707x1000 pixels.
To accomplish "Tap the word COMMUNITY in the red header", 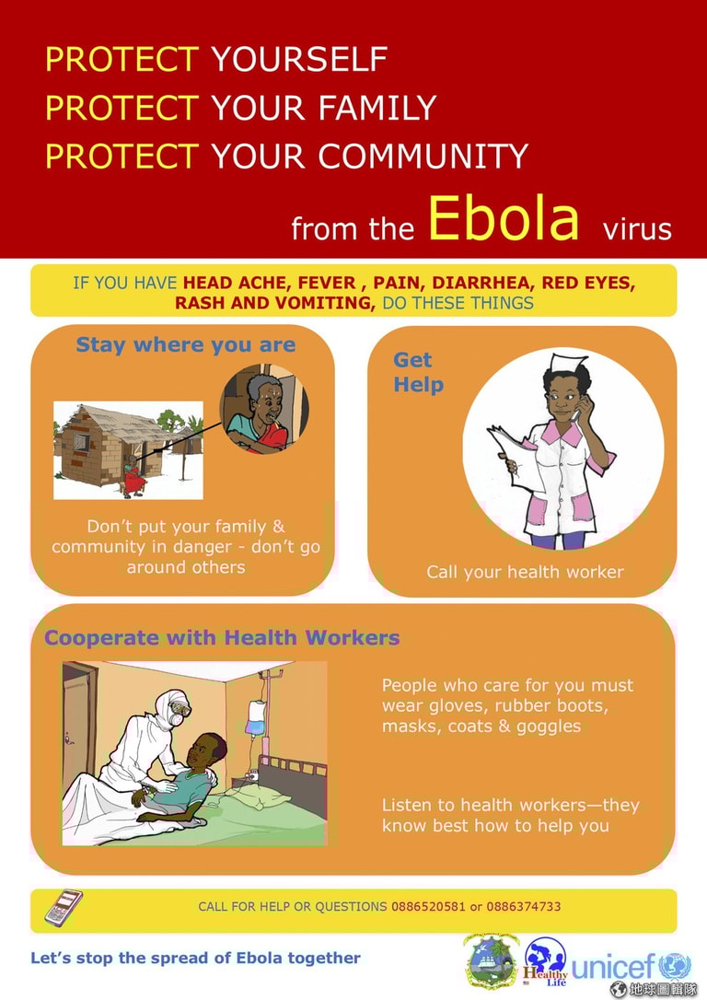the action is click(x=423, y=157).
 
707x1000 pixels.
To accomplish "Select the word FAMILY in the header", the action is click(x=377, y=107).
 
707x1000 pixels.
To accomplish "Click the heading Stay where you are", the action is click(x=186, y=345).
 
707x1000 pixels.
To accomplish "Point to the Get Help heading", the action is click(x=418, y=372).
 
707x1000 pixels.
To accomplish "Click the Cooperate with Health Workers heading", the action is click(x=222, y=638).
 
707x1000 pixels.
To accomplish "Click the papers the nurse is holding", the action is click(x=516, y=460).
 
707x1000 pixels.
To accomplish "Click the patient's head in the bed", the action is click(x=208, y=751).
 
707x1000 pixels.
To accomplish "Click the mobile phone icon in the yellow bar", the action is click(x=64, y=908).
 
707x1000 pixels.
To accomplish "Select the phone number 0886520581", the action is click(x=428, y=906).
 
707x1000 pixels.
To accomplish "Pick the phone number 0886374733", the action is click(x=524, y=906).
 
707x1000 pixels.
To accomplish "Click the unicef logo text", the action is click(x=613, y=966).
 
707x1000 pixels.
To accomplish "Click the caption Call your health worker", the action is click(x=525, y=572).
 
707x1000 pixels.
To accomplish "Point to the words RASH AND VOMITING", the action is click(x=274, y=303).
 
